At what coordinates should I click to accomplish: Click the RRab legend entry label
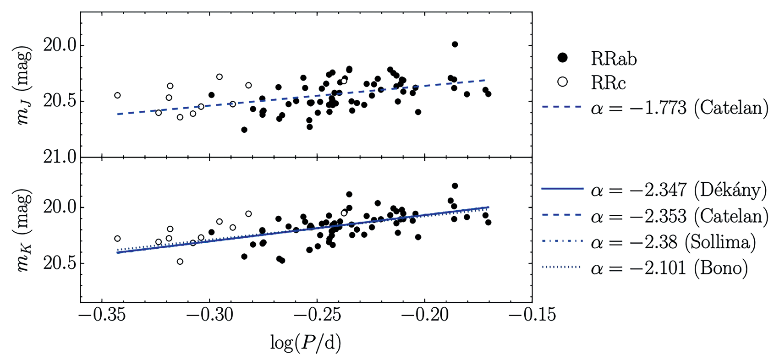click(x=614, y=59)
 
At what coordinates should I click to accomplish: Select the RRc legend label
click(x=608, y=83)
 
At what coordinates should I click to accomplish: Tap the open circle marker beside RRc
click(x=563, y=82)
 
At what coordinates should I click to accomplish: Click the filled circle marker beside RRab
click(x=563, y=58)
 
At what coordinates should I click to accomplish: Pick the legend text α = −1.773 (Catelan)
click(x=680, y=108)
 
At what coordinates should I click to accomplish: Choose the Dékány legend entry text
click(x=680, y=190)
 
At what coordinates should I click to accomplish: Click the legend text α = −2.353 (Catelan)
click(x=680, y=216)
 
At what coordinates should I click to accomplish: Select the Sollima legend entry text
click(x=674, y=242)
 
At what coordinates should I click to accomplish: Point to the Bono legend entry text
click(x=670, y=268)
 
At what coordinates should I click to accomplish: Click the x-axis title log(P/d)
click(x=306, y=344)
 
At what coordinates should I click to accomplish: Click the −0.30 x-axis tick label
click(x=209, y=315)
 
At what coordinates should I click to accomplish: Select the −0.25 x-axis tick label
click(x=317, y=315)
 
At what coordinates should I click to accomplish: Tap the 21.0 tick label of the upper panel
click(x=60, y=157)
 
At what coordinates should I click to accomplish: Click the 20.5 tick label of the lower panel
click(x=60, y=264)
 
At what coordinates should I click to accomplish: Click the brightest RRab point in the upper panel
click(x=455, y=44)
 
